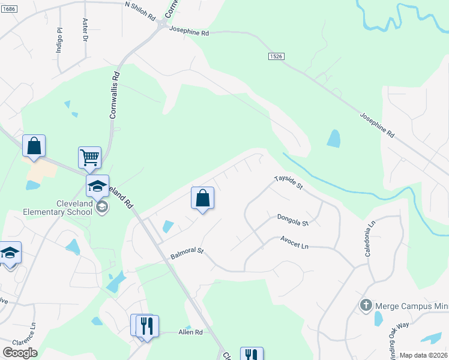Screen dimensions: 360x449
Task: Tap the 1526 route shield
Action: [x=276, y=56]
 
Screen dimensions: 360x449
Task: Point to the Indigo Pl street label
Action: [x=59, y=41]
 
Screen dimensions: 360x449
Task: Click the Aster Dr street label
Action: [x=85, y=30]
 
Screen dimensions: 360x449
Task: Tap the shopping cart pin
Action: [x=89, y=158]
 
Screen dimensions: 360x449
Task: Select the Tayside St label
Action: [x=289, y=183]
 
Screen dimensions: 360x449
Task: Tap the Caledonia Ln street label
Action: [x=370, y=238]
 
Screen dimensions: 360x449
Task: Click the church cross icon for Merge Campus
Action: [x=366, y=305]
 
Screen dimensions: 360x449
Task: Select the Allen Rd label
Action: [x=191, y=332]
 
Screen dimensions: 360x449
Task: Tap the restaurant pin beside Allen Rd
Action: [x=146, y=326]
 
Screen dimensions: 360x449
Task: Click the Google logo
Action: [x=20, y=353]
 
